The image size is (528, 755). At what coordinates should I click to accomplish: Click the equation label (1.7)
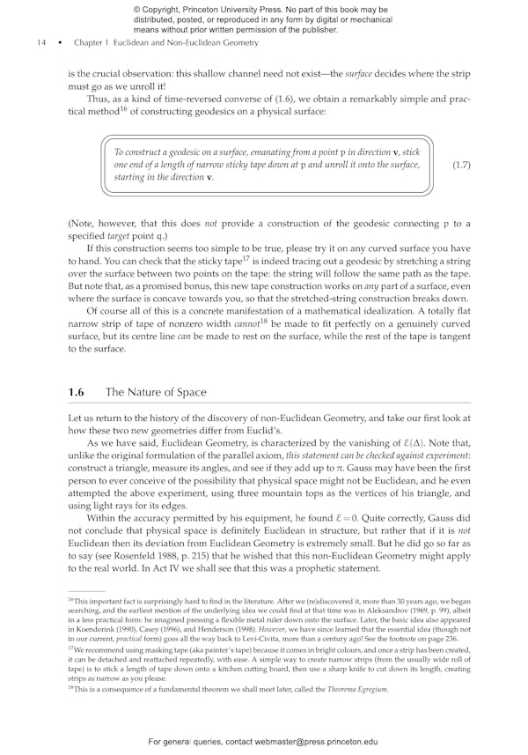point(460,165)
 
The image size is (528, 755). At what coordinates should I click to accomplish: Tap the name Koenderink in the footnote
point(99,625)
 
